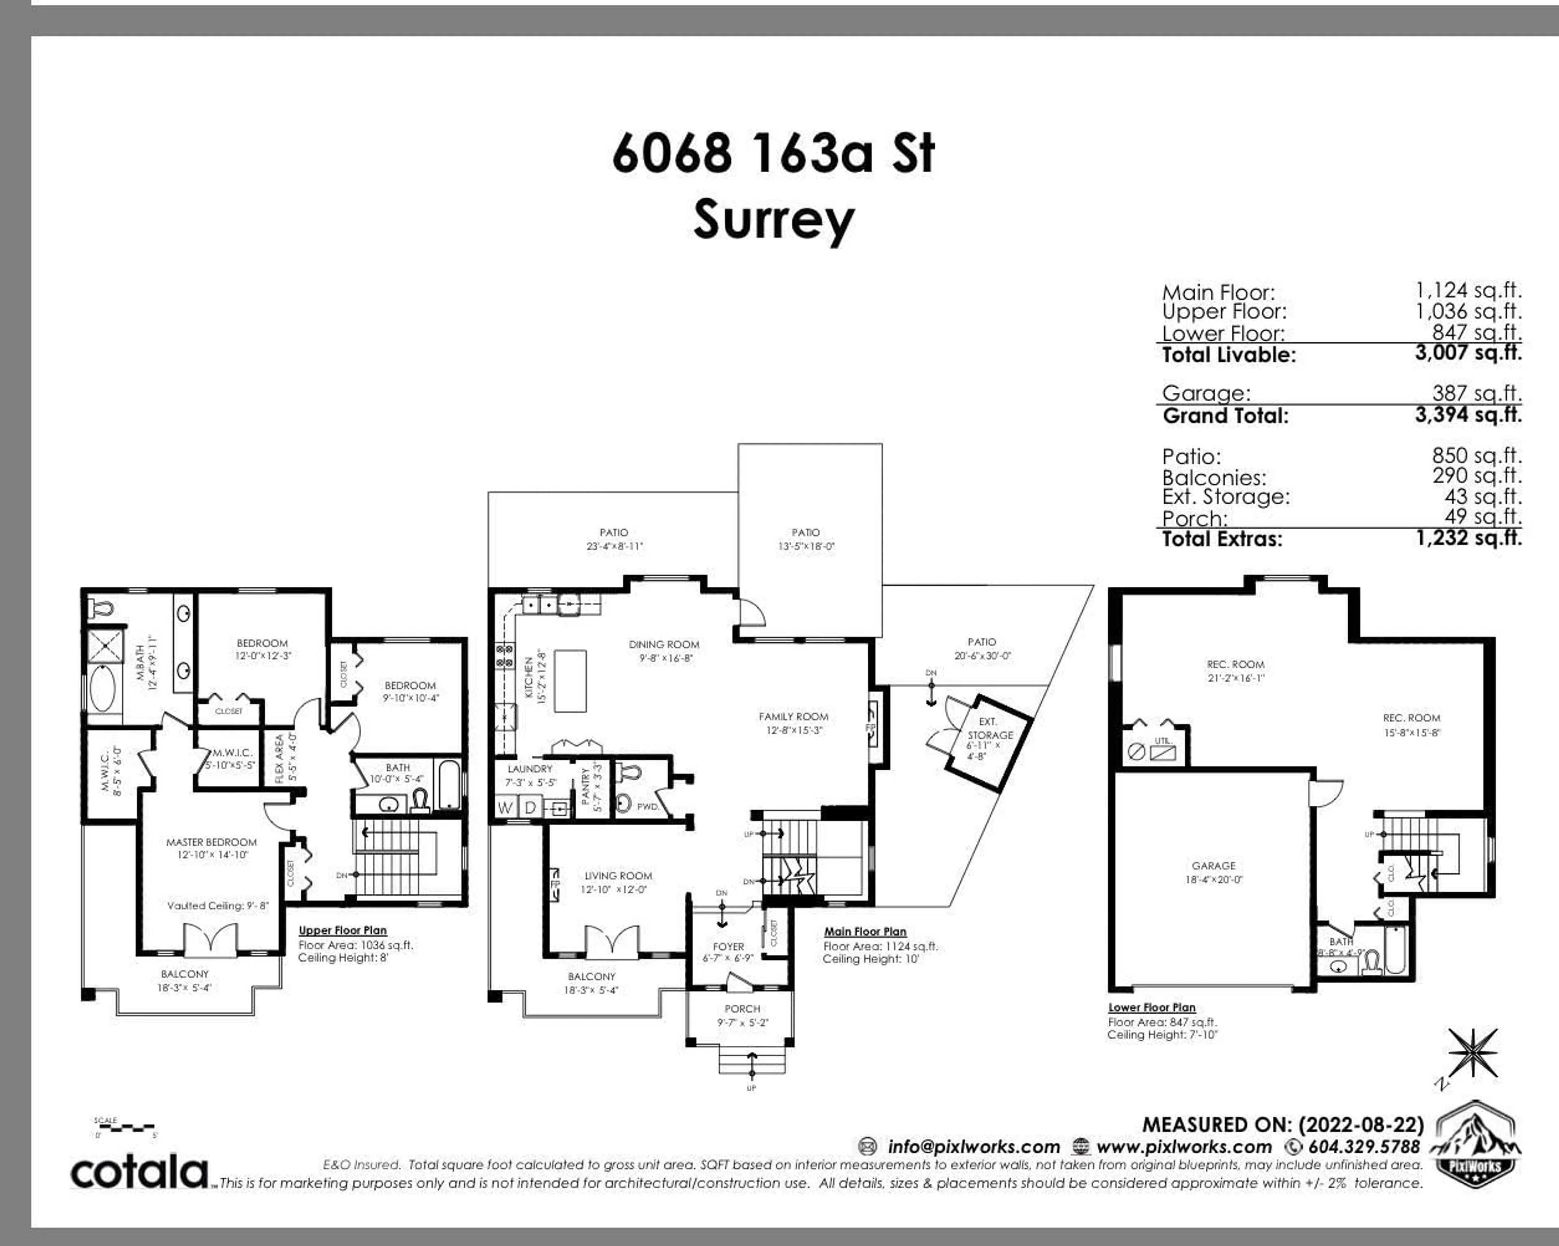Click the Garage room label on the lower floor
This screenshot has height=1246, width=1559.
point(1214,865)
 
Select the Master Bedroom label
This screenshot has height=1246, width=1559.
point(211,842)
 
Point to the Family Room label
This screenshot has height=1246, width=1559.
point(793,717)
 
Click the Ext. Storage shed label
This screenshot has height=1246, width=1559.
point(989,729)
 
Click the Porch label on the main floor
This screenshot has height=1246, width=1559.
point(742,1009)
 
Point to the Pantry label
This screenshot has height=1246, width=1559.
point(586,786)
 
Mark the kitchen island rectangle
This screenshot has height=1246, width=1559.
point(570,681)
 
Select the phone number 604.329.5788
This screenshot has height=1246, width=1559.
point(1363,1147)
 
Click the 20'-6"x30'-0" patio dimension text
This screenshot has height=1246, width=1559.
point(982,656)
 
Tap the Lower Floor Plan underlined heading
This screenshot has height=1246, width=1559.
point(1152,1007)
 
